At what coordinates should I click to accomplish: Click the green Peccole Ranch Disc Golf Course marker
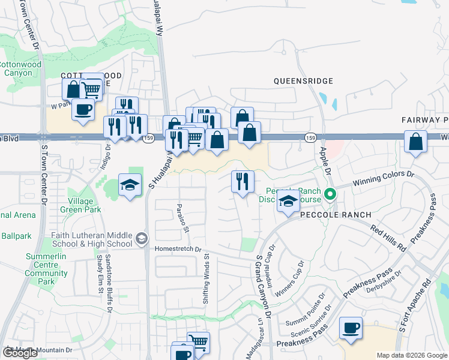pos(329,194)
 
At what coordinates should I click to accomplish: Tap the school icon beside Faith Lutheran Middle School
pos(141,239)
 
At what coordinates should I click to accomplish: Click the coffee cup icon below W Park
pos(83,110)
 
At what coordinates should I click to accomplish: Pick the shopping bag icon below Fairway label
pos(415,142)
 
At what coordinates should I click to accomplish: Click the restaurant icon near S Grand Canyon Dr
pos(243,182)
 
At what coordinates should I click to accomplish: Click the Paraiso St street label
pos(182,218)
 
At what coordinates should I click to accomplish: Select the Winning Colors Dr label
pos(384,179)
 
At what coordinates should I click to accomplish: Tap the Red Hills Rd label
pos(388,238)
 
